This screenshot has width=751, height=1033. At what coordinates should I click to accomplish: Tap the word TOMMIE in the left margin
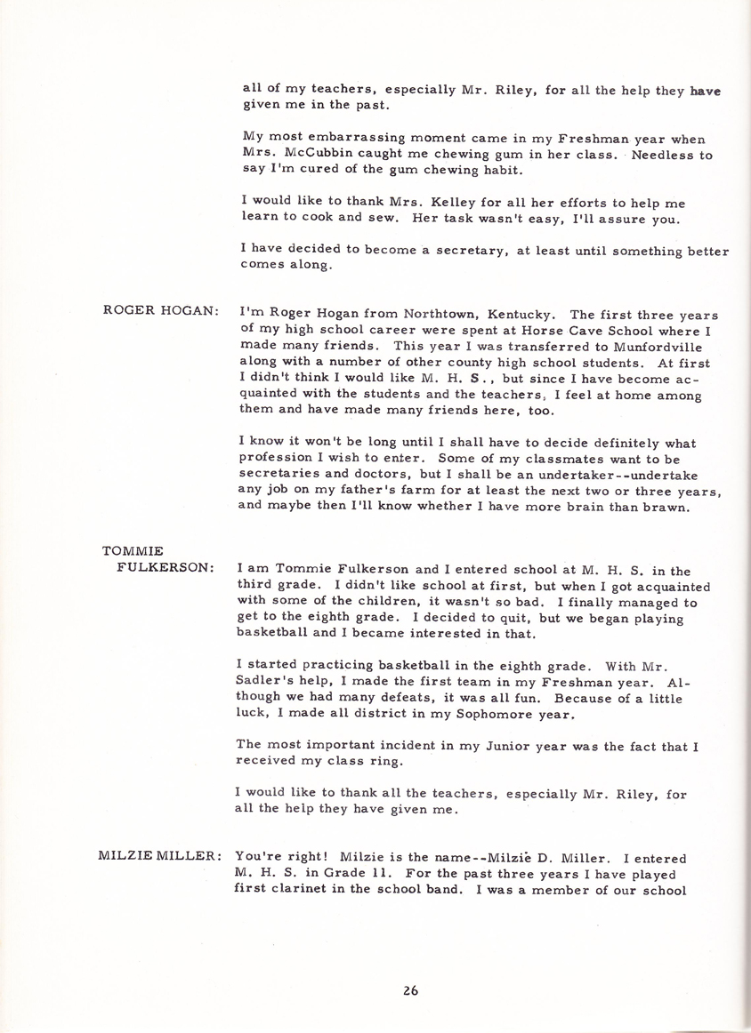[133, 551]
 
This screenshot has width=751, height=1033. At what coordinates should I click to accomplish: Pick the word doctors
[380, 475]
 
